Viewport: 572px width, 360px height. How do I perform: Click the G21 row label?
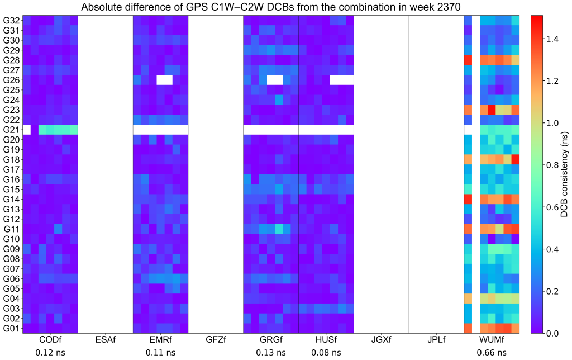11,129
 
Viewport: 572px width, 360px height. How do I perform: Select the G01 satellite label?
11,328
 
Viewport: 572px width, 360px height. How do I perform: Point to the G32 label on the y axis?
11,20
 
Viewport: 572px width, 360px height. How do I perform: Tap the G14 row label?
11,198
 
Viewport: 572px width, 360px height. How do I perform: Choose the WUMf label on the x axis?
492,339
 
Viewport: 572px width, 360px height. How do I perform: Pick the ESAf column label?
106,339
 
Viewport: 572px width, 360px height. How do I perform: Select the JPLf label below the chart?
436,339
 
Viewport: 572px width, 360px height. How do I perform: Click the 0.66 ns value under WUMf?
492,353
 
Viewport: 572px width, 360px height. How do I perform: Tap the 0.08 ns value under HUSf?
326,353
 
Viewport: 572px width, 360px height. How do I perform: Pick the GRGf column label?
271,339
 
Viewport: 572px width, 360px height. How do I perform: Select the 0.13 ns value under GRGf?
271,353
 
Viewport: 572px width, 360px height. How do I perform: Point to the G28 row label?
11,60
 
